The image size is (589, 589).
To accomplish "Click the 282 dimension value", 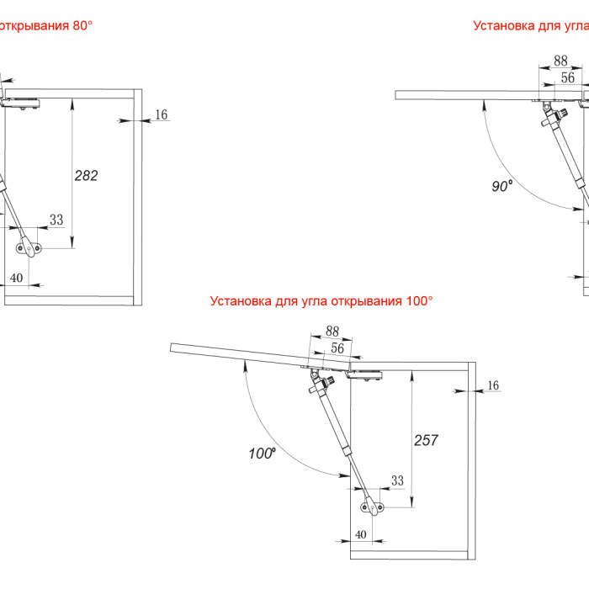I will (x=86, y=176).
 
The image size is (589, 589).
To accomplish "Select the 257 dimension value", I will (x=427, y=440).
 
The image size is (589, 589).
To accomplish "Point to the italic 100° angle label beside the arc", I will (x=263, y=454).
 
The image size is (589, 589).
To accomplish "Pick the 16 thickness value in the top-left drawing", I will (x=162, y=114).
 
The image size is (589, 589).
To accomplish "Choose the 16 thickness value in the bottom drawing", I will (x=493, y=385).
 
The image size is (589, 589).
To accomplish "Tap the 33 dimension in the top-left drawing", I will (x=56, y=220).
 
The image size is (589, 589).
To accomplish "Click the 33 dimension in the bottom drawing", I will (x=398, y=480).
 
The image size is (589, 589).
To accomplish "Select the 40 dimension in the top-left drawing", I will (x=16, y=277).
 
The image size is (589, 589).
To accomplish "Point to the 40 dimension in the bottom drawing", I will (x=361, y=534).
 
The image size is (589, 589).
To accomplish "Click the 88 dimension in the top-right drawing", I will (x=560, y=61).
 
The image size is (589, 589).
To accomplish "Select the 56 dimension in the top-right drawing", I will (x=568, y=77).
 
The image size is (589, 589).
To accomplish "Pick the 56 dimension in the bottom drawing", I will (x=337, y=347).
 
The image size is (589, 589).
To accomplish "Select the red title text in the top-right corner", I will (x=530, y=25).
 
